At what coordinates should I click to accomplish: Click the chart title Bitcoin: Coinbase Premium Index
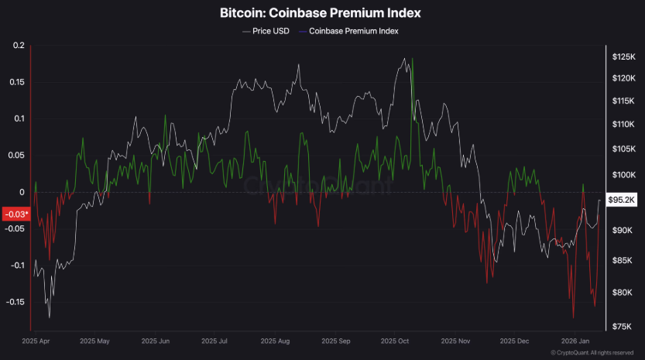[x=321, y=14]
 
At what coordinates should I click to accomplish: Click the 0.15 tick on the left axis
[x=15, y=82]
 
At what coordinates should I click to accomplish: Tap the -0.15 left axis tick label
[x=14, y=302]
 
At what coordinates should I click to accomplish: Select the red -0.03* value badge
[x=15, y=214]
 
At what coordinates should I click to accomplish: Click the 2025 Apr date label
[x=37, y=341]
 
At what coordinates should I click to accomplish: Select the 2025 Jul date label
[x=214, y=341]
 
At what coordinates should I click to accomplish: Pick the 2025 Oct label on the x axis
[x=394, y=341]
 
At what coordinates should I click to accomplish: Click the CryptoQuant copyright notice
[x=592, y=353]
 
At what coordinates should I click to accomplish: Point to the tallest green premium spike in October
[x=413, y=60]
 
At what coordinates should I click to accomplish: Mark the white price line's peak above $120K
[x=403, y=59]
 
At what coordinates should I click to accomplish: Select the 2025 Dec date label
[x=514, y=341]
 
